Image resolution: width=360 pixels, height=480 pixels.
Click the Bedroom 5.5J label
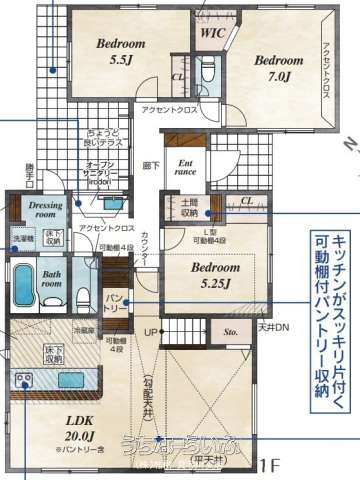121,52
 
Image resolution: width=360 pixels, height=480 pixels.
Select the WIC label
212,33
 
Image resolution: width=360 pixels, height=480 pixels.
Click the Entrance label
186,167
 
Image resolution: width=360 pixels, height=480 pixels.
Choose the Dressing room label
39,209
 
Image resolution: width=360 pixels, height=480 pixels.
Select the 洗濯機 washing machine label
22,238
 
